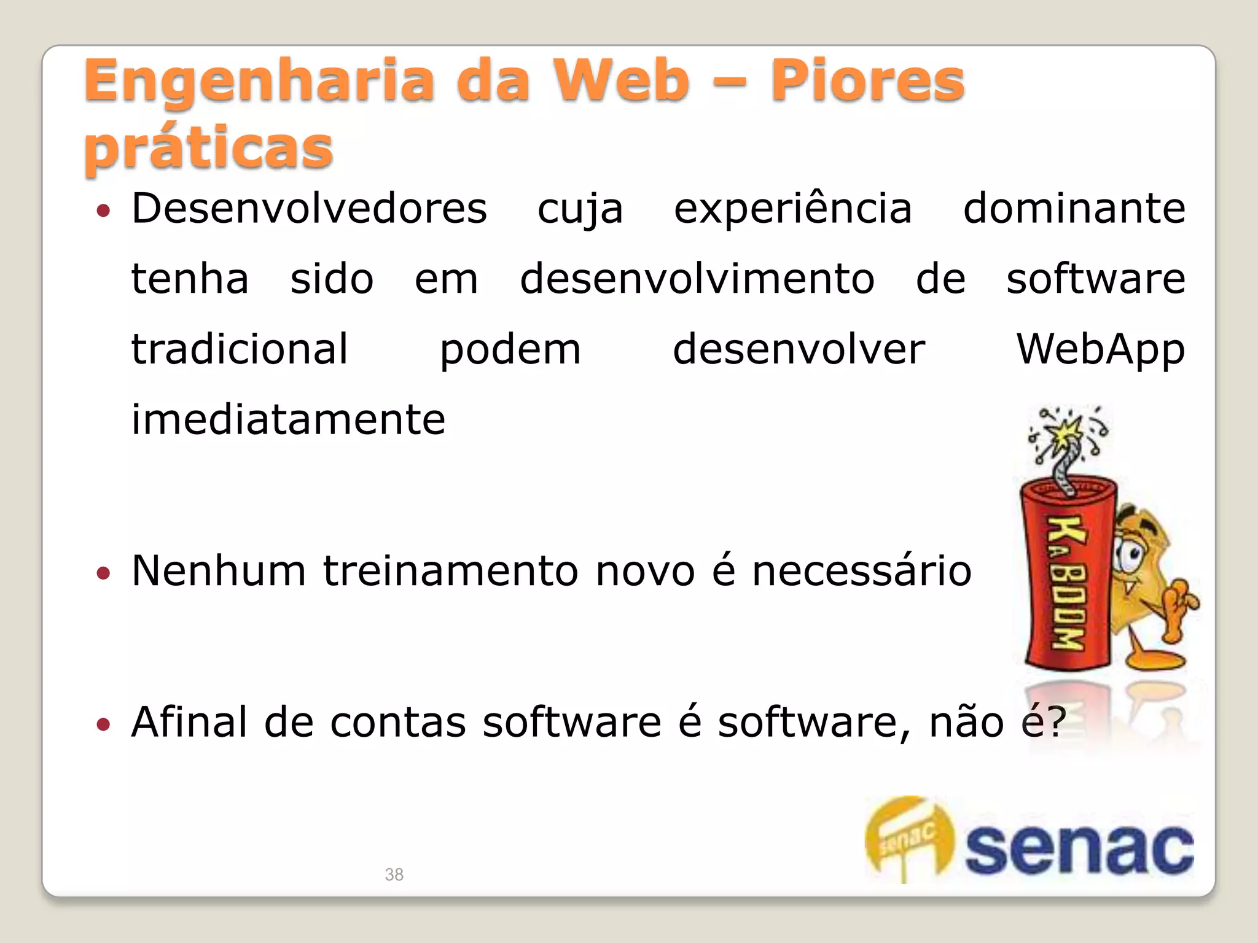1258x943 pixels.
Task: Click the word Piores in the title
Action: (867, 80)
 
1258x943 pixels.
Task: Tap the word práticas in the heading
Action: (209, 147)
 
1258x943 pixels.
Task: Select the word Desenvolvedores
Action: (310, 209)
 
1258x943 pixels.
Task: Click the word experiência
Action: (792, 209)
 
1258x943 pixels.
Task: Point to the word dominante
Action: (1074, 209)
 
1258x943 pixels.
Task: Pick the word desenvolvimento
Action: (697, 279)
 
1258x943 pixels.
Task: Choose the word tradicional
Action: (240, 349)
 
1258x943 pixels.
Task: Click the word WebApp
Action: (1100, 349)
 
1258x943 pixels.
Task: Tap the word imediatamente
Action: (288, 420)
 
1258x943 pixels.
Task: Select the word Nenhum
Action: (219, 571)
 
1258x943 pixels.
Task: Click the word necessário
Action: (861, 571)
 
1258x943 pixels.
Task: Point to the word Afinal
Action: (189, 722)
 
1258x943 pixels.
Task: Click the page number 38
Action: (394, 874)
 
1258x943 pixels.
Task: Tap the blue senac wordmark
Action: (1079, 849)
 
